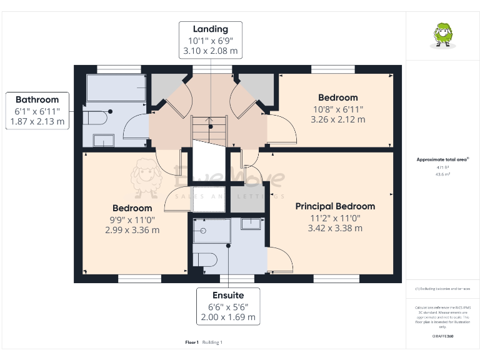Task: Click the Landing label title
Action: click(210, 29)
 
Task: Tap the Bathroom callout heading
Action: click(37, 99)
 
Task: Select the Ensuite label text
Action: click(227, 295)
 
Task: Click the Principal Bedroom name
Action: click(335, 206)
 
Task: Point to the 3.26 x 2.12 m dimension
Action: click(337, 119)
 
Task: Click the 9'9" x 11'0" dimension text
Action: click(132, 219)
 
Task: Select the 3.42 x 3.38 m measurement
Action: click(335, 228)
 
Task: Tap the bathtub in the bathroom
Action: click(116, 88)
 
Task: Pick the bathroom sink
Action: click(103, 140)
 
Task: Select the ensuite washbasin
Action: click(251, 223)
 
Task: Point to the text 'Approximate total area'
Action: click(442, 160)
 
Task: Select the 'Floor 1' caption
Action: click(192, 342)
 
